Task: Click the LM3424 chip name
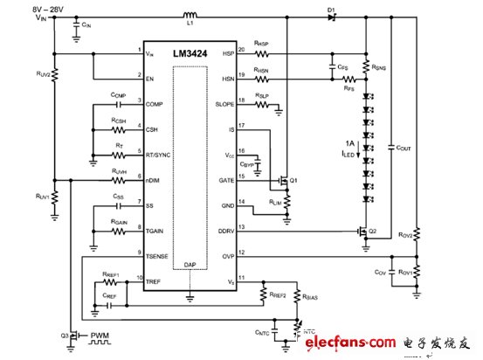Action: tap(190, 54)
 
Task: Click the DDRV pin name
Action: tap(226, 230)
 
